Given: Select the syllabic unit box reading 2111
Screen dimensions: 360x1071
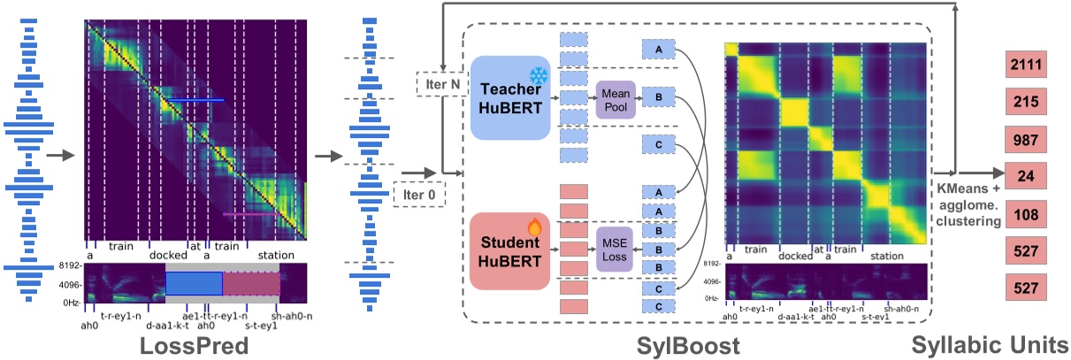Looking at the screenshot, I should [x=1026, y=65].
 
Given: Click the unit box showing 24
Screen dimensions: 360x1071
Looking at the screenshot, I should [x=1026, y=177].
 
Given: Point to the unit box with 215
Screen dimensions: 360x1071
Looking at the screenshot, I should [x=1026, y=103].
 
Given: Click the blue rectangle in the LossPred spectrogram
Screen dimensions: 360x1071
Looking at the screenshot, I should [x=194, y=283].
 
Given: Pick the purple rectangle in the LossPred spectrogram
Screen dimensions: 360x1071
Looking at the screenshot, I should [x=250, y=283].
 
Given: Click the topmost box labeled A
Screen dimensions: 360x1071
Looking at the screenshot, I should [x=659, y=50].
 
